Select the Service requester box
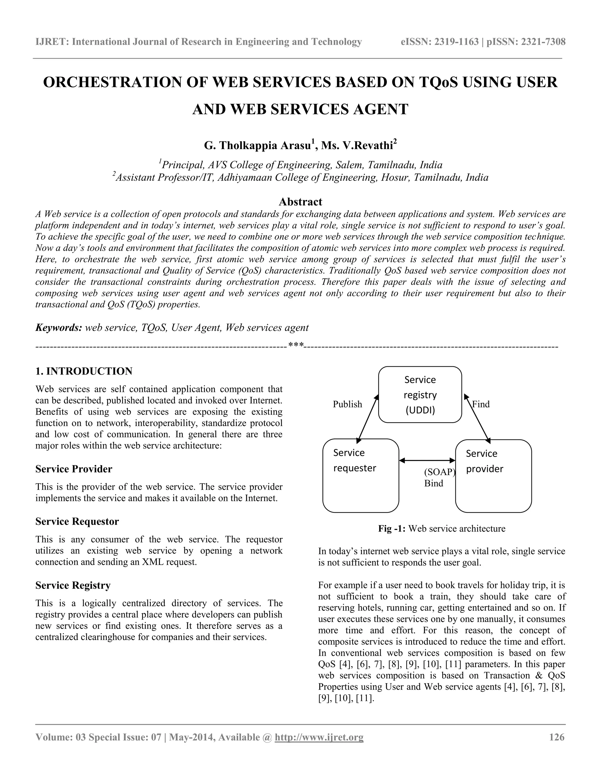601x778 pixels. click(x=360, y=475)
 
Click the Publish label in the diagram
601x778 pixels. click(x=347, y=404)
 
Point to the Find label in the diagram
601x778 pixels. click(x=481, y=404)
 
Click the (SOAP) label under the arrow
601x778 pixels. click(x=439, y=472)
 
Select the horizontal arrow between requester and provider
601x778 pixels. click(x=427, y=461)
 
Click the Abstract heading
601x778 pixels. click(x=300, y=202)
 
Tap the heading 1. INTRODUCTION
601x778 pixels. click(x=84, y=371)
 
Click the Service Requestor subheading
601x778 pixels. click(x=77, y=521)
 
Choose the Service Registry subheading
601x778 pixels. click(x=73, y=585)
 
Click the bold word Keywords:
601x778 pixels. click(x=59, y=328)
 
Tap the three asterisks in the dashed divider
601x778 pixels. click(x=296, y=345)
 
